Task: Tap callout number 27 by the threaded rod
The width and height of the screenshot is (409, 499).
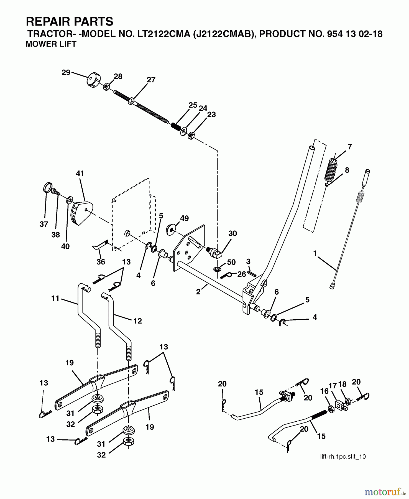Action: (151, 80)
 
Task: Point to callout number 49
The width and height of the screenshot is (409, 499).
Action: (184, 218)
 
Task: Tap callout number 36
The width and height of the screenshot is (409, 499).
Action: (101, 262)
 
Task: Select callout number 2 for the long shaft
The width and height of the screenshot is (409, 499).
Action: (198, 292)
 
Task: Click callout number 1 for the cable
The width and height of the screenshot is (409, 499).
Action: (315, 253)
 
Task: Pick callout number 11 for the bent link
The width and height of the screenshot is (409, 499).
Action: (55, 298)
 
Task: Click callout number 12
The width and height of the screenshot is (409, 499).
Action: (137, 321)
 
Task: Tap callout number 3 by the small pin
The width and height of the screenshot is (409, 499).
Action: (248, 261)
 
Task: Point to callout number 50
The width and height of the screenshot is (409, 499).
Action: (231, 262)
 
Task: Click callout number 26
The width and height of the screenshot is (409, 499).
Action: (242, 274)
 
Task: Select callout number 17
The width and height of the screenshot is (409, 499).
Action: (333, 386)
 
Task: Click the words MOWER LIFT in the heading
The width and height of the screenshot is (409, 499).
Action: (51, 44)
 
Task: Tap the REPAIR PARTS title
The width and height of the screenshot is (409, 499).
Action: (70, 21)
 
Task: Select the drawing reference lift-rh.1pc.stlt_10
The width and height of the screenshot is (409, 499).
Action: (343, 457)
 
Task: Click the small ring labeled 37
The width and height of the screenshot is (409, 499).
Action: (48, 187)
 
